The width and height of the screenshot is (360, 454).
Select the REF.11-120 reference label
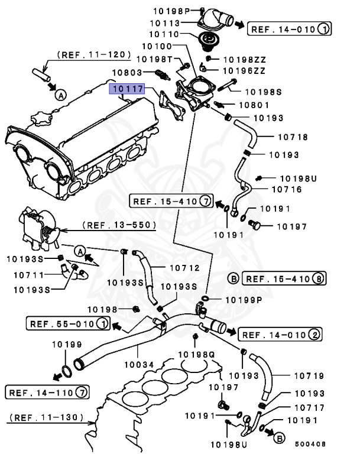pos(94,55)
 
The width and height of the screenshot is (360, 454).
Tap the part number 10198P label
pos(171,11)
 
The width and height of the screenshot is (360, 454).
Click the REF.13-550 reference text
pos(119,225)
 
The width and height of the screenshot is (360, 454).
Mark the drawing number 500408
pos(310,444)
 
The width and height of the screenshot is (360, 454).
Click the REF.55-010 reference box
pos(68,323)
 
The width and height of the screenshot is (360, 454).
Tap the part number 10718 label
pos(293,138)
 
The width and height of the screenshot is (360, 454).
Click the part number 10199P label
pos(241,299)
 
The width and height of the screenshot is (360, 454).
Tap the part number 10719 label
pos(293,375)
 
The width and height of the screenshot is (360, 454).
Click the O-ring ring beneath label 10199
pos(68,371)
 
